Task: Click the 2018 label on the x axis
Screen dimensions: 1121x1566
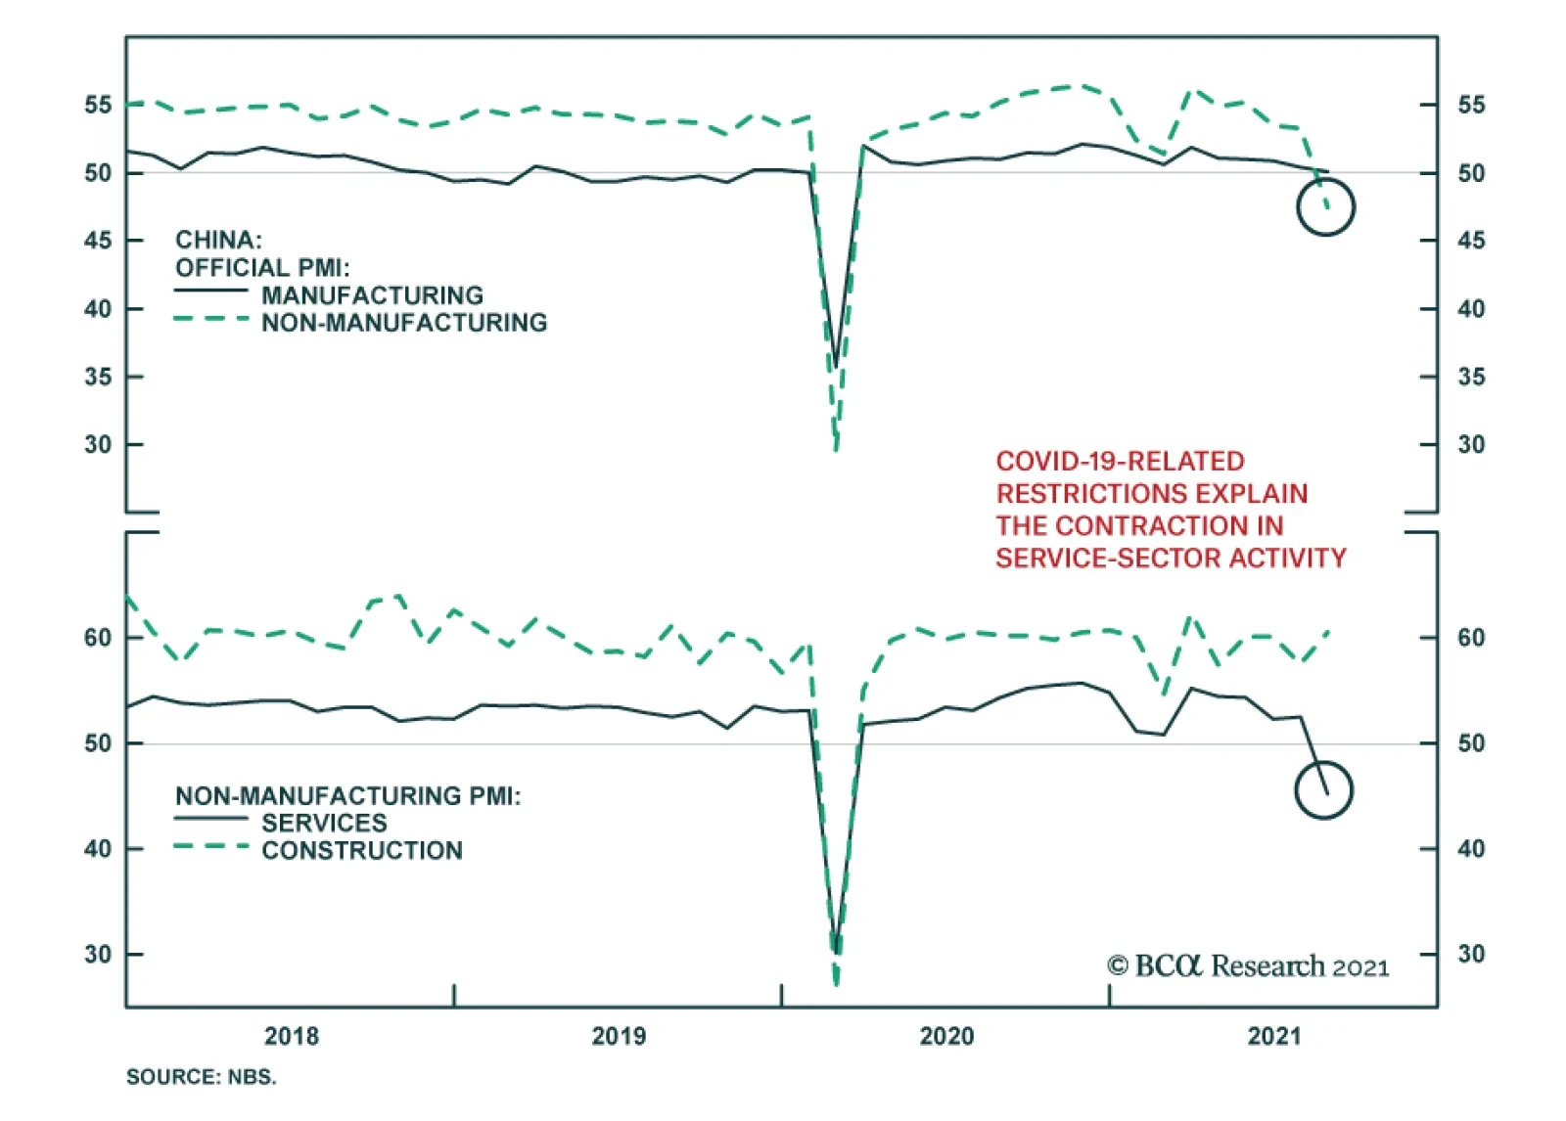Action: click(292, 1036)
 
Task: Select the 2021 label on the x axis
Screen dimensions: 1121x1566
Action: click(1274, 1036)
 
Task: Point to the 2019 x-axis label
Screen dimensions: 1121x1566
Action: click(619, 1036)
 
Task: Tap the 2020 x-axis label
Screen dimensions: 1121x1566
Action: click(946, 1036)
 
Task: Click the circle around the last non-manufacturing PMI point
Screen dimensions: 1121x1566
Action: click(1325, 207)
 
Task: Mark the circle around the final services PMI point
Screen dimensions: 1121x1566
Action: click(1323, 790)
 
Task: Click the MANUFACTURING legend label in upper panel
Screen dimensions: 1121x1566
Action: click(372, 295)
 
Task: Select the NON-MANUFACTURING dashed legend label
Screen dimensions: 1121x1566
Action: click(404, 323)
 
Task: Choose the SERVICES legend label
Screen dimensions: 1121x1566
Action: click(324, 823)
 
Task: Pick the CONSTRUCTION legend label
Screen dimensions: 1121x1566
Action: click(362, 850)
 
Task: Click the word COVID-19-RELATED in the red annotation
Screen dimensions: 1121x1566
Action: click(1120, 462)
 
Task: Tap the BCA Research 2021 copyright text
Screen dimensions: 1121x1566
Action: click(1248, 966)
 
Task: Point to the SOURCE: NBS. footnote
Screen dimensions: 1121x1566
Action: click(202, 1077)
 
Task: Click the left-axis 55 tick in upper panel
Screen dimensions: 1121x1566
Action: click(98, 105)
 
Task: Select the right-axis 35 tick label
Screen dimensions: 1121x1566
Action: click(1471, 377)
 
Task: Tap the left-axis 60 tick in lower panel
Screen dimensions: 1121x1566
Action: click(98, 638)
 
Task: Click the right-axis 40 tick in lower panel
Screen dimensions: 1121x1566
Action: click(1471, 849)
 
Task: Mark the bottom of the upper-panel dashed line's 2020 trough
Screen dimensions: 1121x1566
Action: click(836, 450)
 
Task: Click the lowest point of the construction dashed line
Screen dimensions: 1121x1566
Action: click(836, 983)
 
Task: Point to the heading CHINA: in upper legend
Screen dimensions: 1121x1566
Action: click(218, 240)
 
